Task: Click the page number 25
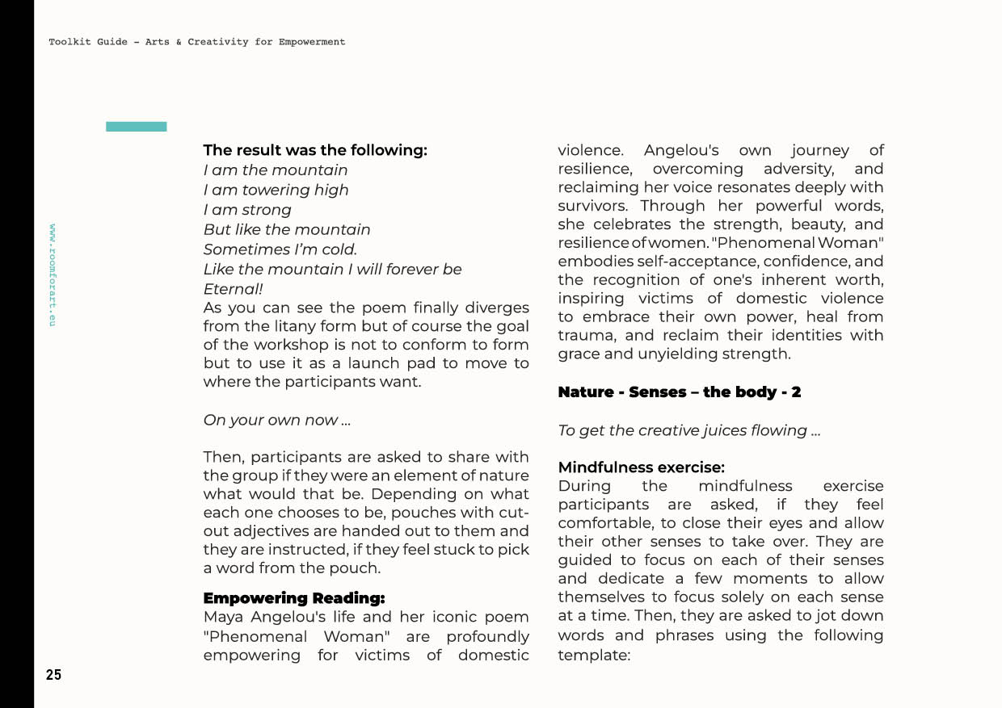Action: coord(53,675)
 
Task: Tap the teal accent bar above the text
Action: coord(136,127)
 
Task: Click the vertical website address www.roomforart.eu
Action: coord(53,274)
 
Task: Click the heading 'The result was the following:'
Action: coord(314,150)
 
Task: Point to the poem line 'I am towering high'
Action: coord(276,190)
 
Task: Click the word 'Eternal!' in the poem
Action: coord(233,288)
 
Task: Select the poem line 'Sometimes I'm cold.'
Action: coord(280,249)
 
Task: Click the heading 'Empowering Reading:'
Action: coord(293,598)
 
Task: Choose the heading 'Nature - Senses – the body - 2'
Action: coord(679,392)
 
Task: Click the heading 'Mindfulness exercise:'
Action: coord(641,467)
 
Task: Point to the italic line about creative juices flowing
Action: coord(688,430)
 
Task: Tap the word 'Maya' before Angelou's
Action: coord(223,618)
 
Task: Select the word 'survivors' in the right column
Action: coord(592,206)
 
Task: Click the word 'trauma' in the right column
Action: coord(585,336)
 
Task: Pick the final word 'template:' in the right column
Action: coord(593,655)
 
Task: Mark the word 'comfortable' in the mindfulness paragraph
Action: coord(603,523)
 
